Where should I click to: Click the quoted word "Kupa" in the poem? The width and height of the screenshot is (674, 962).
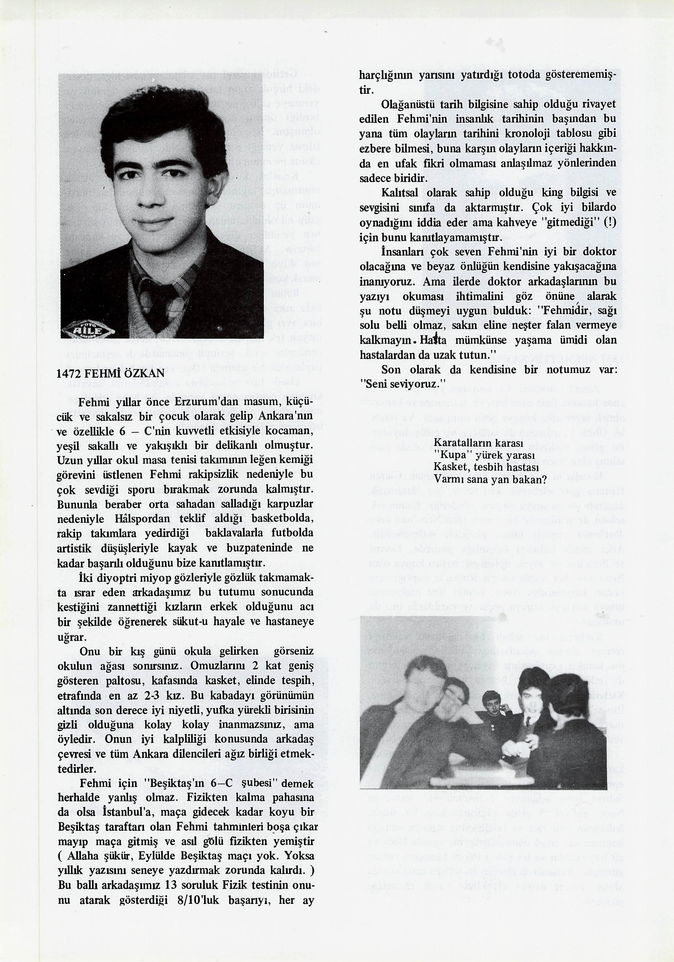(454, 455)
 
